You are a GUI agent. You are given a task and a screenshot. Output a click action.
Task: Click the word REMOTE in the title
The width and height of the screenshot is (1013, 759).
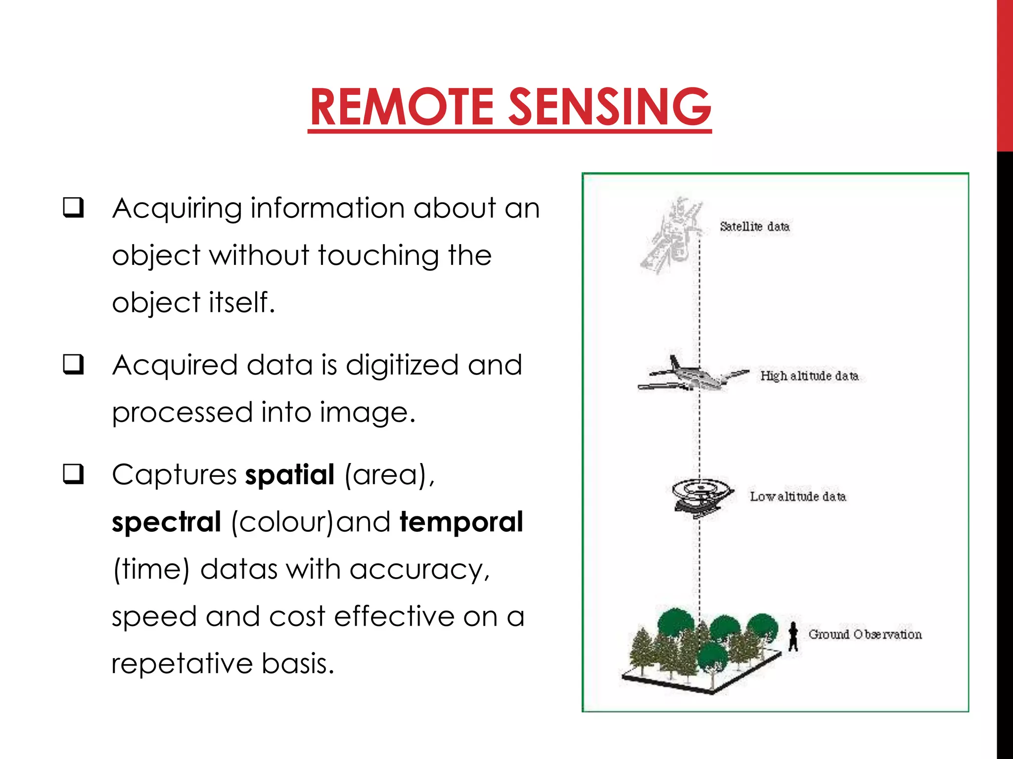click(402, 107)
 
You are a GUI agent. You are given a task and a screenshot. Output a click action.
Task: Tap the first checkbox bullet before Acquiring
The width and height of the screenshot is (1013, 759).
click(73, 208)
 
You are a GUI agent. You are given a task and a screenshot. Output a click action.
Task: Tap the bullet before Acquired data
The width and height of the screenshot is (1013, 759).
click(73, 365)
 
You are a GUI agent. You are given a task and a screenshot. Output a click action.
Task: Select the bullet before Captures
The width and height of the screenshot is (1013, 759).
click(73, 474)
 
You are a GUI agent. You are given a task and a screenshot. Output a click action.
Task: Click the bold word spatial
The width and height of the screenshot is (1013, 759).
click(290, 475)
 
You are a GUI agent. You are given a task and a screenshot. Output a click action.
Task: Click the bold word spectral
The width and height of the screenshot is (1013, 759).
click(166, 523)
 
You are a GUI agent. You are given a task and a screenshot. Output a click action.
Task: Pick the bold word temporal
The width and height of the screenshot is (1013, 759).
click(461, 523)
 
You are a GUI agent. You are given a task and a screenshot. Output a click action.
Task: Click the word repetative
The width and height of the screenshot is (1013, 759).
click(182, 664)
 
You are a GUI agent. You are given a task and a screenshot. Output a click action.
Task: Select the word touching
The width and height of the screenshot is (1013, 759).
click(377, 256)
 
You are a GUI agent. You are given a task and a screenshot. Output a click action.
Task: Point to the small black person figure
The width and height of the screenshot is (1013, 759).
click(793, 636)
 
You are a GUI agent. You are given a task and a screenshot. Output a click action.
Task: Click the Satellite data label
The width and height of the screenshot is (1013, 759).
click(754, 227)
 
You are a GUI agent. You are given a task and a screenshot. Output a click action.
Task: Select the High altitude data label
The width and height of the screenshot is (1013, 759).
click(809, 376)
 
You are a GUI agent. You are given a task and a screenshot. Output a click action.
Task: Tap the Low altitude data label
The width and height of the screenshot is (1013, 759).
click(797, 497)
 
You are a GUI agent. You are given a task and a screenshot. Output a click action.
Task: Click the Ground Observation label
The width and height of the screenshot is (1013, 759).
click(865, 634)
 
